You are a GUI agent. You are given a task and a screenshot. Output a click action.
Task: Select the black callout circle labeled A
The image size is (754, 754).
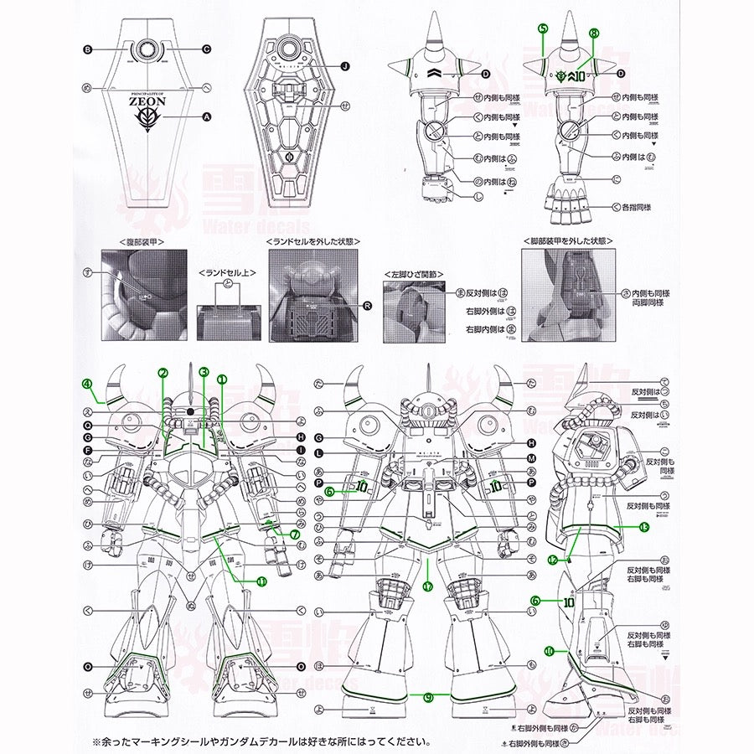tap(206, 118)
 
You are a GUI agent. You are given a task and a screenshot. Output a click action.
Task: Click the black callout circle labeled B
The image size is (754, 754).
tap(87, 49)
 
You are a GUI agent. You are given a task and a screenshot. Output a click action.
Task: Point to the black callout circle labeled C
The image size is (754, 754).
tap(206, 49)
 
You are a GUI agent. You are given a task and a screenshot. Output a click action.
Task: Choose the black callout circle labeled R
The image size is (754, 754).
tap(367, 306)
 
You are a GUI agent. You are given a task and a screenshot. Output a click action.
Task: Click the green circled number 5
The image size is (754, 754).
tap(543, 28)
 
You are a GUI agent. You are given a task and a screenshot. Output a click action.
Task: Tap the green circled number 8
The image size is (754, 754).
tap(594, 34)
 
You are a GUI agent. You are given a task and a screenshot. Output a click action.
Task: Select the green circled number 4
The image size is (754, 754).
tap(87, 385)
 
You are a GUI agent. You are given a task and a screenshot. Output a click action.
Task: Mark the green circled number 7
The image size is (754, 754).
tap(295, 535)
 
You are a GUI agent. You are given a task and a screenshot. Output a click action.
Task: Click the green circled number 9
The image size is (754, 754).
tap(429, 696)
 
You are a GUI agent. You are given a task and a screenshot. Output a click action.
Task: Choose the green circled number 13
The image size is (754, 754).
tap(643, 527)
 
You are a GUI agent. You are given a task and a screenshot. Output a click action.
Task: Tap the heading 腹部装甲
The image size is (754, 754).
tap(142, 240)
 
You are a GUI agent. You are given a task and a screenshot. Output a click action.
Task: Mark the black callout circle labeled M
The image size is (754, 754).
tap(531, 457)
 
